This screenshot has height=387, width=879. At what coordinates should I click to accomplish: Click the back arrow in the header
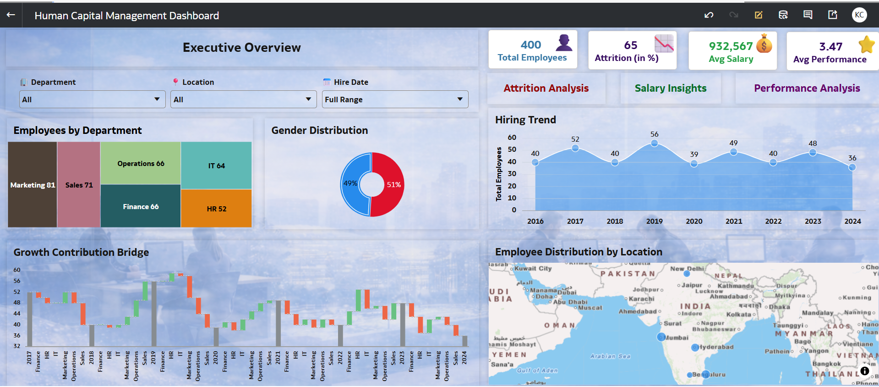coord(11,15)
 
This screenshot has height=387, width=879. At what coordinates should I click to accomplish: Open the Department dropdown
coord(92,100)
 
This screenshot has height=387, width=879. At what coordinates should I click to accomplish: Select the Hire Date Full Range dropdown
coord(395,100)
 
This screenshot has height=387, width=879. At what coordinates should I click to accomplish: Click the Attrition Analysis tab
coord(546,88)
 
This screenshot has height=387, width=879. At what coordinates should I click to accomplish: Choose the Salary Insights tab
coord(670,88)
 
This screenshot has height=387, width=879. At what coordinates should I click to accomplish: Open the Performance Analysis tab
coord(807,88)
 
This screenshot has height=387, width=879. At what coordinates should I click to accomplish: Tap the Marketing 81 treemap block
coord(33,185)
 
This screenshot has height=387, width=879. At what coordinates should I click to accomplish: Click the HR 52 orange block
coord(216,209)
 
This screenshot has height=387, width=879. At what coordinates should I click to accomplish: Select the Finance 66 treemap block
coord(141,206)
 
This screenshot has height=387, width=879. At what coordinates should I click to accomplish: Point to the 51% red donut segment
coord(393,184)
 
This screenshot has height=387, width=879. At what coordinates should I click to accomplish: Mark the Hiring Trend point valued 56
coord(654,144)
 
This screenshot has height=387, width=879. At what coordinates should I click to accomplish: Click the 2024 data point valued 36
coord(852,167)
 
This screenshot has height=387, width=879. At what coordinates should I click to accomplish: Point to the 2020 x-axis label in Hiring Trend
coord(694,221)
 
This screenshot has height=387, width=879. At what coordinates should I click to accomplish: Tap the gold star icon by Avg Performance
coord(866,44)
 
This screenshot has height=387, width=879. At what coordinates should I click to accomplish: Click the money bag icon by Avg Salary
coord(764,44)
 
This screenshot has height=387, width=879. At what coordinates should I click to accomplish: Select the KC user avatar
coord(859,15)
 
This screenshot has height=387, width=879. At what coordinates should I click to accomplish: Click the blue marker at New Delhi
coord(687,274)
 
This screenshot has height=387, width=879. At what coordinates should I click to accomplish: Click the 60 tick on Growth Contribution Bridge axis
coord(17,270)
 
